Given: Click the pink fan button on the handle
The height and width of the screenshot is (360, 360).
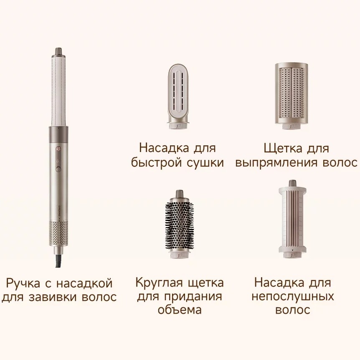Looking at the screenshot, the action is [58, 149].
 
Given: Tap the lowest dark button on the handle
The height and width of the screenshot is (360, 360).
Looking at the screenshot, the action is [58, 169].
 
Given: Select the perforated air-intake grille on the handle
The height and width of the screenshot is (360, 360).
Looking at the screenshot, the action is [58, 233].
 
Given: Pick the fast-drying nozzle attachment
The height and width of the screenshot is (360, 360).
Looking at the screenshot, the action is [178, 96].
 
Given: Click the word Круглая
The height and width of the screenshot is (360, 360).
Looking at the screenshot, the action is [160, 283].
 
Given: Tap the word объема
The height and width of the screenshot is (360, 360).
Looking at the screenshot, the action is [180, 310].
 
